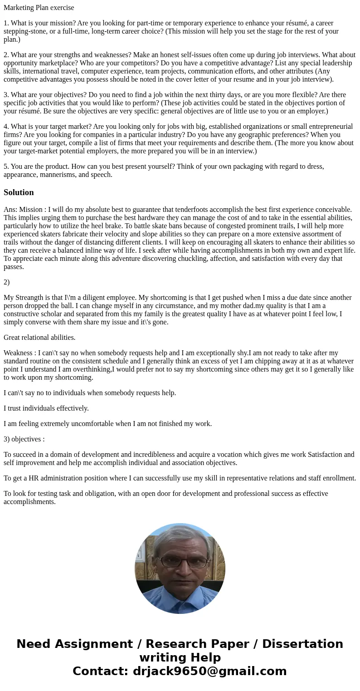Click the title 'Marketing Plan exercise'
point(39,7)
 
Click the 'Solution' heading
point(19,192)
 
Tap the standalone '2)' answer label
point(7,282)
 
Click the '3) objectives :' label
point(24,439)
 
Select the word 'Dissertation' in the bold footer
point(302,644)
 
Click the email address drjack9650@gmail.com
point(209,671)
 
